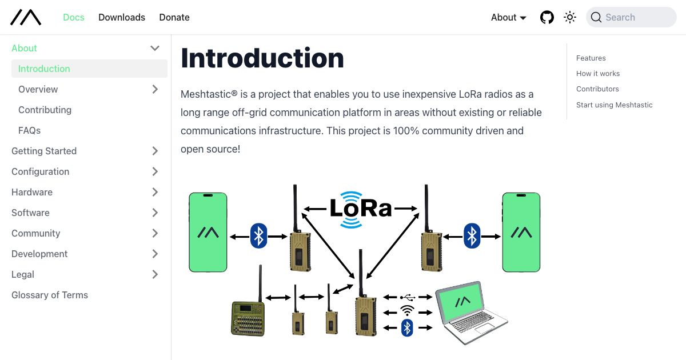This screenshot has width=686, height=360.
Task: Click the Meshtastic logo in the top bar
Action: point(26,17)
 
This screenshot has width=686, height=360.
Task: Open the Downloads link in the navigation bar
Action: point(122,17)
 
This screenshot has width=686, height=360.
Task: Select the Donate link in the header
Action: point(174,17)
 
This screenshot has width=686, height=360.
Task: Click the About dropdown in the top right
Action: point(508,17)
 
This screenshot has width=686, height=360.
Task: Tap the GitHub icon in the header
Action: point(547,17)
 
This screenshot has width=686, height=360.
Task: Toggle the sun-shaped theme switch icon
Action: point(570,17)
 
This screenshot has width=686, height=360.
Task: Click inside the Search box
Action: point(635,17)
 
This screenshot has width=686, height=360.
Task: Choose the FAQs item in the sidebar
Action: point(29,130)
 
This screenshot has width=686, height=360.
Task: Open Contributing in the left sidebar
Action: point(45,110)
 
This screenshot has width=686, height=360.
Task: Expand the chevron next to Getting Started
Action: point(155,151)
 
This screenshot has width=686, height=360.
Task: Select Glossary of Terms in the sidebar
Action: point(50,295)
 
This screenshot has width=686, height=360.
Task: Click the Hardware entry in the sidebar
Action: point(32,192)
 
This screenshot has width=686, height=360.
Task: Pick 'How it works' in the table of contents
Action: point(598,73)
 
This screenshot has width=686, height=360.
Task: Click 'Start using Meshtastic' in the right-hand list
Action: point(614,105)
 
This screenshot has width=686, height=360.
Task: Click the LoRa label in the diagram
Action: point(360,209)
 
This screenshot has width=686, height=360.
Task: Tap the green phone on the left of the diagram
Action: point(208,232)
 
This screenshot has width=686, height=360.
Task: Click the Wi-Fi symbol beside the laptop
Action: point(407,311)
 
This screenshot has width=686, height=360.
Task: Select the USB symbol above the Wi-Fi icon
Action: point(408,297)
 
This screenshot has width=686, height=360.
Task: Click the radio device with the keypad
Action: point(248,318)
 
